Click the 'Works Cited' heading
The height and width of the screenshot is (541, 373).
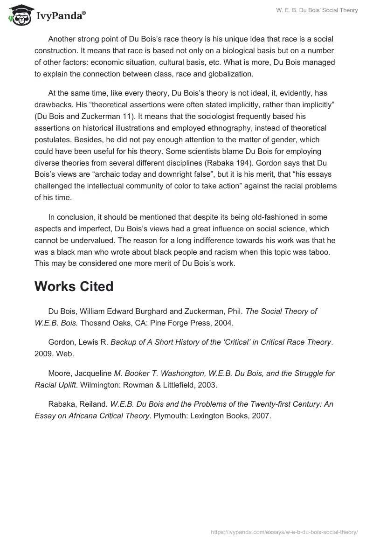point(74,286)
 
